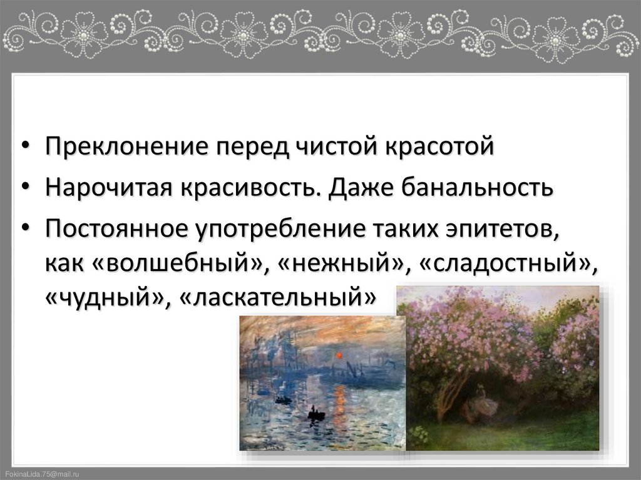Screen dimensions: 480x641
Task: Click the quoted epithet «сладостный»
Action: pyautogui.click(x=505, y=263)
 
